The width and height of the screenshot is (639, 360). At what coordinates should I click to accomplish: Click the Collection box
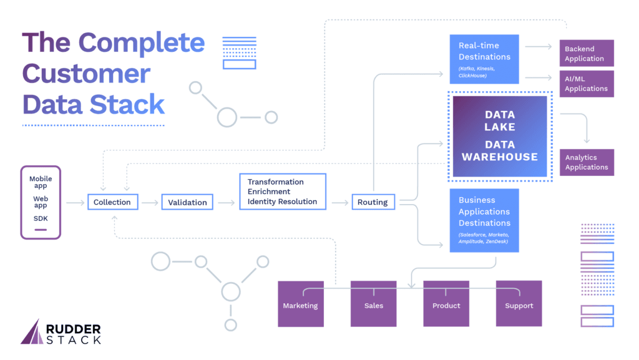tap(112, 202)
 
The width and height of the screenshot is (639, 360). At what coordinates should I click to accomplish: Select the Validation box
tap(187, 202)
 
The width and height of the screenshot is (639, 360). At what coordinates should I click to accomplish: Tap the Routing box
tap(373, 202)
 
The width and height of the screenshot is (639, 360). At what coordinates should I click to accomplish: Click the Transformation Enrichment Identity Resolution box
tap(283, 192)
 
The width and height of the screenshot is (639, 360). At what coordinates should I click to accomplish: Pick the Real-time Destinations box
tap(484, 59)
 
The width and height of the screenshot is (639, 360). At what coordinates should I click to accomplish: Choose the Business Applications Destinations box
tap(484, 220)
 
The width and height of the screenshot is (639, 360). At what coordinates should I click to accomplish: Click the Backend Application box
tap(587, 54)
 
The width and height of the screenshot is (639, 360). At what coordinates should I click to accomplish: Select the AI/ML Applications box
tap(587, 84)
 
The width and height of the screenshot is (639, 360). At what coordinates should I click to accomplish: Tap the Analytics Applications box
tap(587, 162)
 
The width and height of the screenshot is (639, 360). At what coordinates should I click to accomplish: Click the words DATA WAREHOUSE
tap(500, 150)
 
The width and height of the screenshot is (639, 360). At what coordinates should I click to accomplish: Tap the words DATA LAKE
tap(500, 120)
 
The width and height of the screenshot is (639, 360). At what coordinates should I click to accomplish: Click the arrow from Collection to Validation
tap(150, 202)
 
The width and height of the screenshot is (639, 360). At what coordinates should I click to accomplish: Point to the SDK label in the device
tap(41, 218)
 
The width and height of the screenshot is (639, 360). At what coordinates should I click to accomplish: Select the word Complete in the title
tap(142, 43)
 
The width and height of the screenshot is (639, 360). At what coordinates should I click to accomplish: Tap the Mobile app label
tap(41, 182)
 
